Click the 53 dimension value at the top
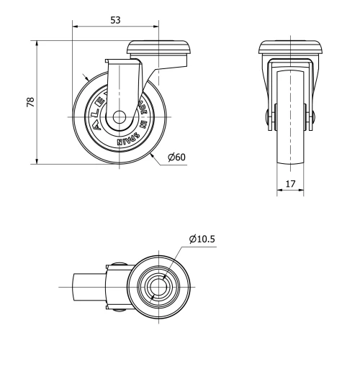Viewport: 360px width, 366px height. [x=115, y=20]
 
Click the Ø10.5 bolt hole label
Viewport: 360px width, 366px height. [x=204, y=239]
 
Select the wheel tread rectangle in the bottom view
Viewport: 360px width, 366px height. [x=90, y=288]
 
